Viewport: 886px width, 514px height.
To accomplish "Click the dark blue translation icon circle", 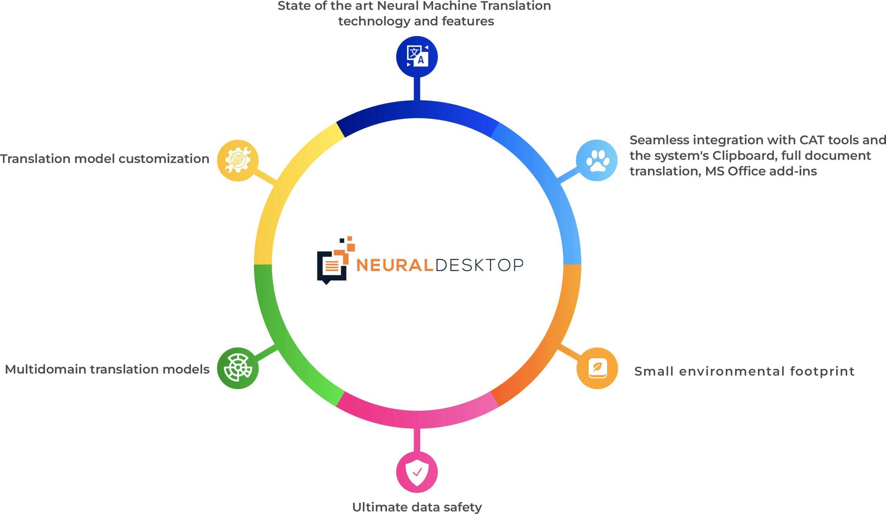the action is (x=417, y=57).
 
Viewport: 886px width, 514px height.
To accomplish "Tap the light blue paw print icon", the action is (x=597, y=160).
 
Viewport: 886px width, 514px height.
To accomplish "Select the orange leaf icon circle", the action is (x=597, y=368).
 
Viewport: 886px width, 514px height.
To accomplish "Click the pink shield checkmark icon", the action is (x=417, y=472).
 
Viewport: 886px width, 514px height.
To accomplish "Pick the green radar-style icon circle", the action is (x=238, y=368).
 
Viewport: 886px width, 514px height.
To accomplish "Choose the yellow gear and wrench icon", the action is (x=238, y=160).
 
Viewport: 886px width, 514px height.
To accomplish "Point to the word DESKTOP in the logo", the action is (x=479, y=265).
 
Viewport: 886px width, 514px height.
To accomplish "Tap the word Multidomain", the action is (x=45, y=369).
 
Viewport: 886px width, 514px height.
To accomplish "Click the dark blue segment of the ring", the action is (x=417, y=109).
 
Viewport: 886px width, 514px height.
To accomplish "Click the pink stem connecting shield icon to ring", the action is (x=417, y=440).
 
